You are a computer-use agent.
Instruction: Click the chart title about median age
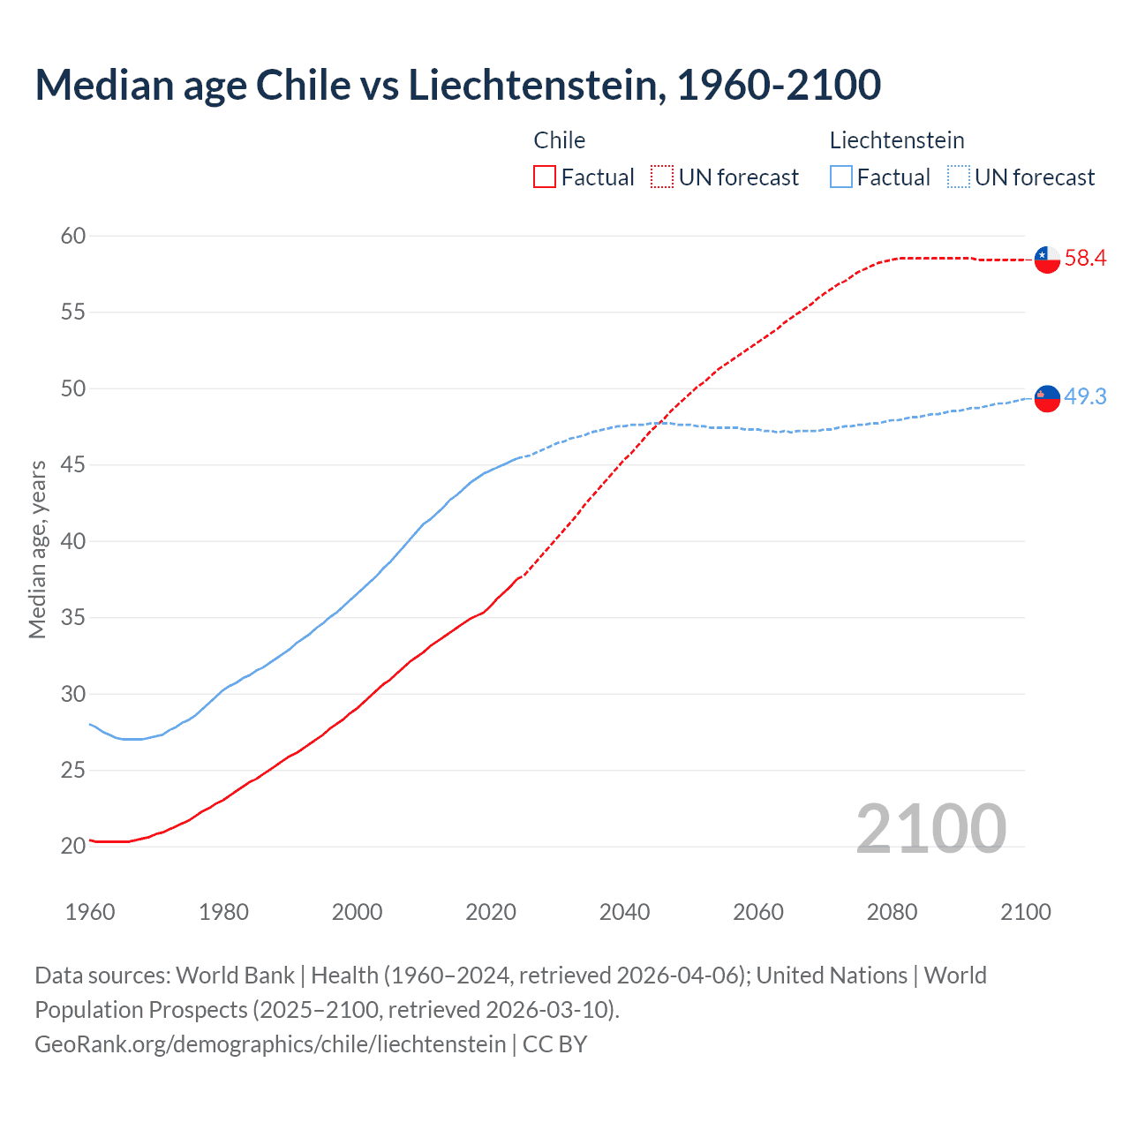[457, 86]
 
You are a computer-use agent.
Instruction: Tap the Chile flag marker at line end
[1047, 260]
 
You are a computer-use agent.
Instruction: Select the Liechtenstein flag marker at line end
[1047, 399]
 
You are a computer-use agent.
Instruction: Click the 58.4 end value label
[1085, 259]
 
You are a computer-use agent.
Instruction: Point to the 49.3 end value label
[1085, 397]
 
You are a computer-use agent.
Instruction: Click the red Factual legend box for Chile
[545, 177]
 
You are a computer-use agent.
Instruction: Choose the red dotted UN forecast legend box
[662, 177]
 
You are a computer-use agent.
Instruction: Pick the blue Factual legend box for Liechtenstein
[841, 177]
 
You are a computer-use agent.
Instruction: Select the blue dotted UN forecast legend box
[958, 177]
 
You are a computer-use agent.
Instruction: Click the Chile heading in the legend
[559, 140]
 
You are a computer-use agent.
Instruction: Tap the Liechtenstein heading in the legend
[896, 140]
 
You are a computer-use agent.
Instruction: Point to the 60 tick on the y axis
[73, 236]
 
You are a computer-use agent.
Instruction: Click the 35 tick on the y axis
[73, 617]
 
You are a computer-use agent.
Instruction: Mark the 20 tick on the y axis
[73, 846]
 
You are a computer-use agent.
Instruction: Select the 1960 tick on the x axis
[90, 912]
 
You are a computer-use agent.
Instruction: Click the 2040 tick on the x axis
[624, 912]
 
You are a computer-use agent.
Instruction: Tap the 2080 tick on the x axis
[892, 912]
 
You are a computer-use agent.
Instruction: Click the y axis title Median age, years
[37, 549]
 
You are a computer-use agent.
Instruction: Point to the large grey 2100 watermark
[930, 829]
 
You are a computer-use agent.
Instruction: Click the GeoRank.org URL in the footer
[270, 1044]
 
